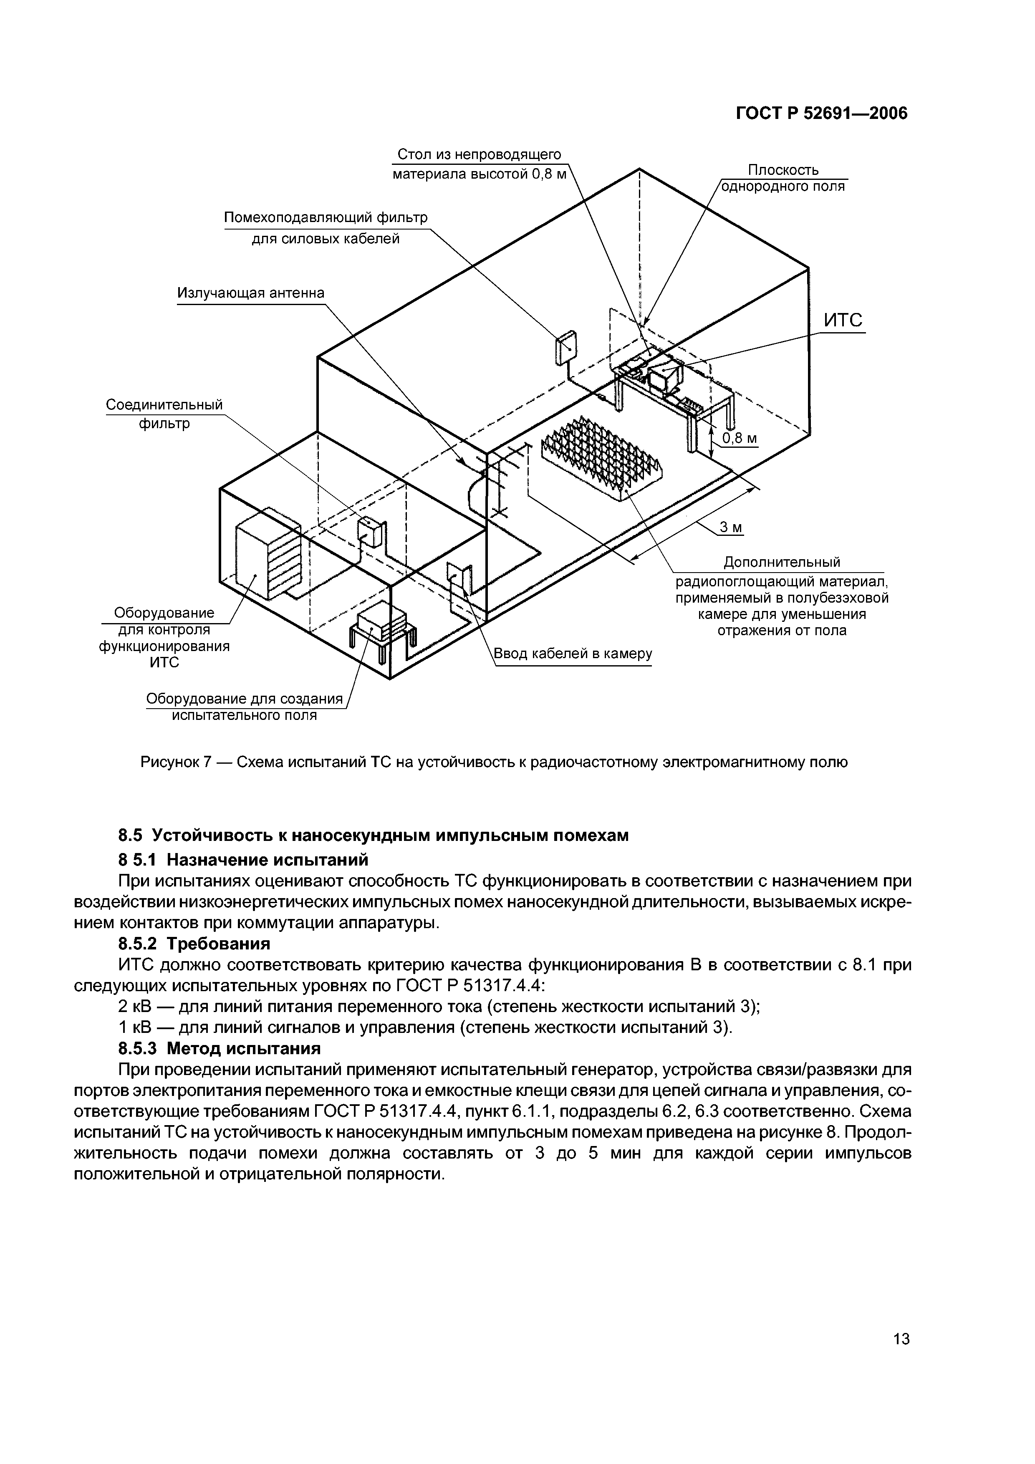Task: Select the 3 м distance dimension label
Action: tap(731, 527)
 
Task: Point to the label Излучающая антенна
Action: tap(251, 293)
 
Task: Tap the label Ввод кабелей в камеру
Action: tap(573, 654)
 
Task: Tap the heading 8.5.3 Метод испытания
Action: tap(220, 1048)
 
